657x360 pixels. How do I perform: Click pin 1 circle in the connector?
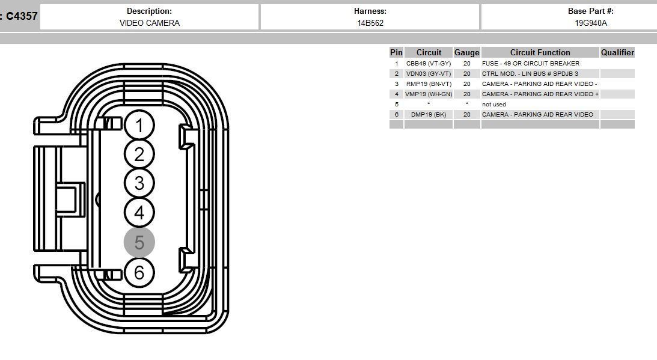pos(139,126)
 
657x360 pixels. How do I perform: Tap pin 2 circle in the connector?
pos(139,154)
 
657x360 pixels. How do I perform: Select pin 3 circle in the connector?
pos(139,183)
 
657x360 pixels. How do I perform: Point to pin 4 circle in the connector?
pos(139,212)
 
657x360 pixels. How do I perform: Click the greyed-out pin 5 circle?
pos(139,242)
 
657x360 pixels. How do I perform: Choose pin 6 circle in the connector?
pos(139,272)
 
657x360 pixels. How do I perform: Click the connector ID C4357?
pos(22,16)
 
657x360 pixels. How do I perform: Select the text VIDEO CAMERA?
pos(149,23)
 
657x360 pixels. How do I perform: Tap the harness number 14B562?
pos(370,23)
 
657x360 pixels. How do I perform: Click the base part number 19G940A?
pos(590,23)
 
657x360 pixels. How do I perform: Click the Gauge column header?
pos(466,52)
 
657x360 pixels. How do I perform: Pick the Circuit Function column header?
pos(540,52)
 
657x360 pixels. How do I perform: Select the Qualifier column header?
pos(617,52)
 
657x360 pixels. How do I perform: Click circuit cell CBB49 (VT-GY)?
pos(428,63)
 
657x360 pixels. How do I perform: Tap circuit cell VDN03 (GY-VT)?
pos(428,73)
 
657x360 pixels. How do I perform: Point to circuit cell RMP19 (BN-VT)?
pos(428,84)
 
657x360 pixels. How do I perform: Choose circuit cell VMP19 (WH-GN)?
pos(428,94)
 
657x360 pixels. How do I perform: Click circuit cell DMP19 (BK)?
pos(428,114)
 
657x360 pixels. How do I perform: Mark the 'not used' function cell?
pos(494,104)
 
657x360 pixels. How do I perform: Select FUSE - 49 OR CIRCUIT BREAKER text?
pos(530,63)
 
